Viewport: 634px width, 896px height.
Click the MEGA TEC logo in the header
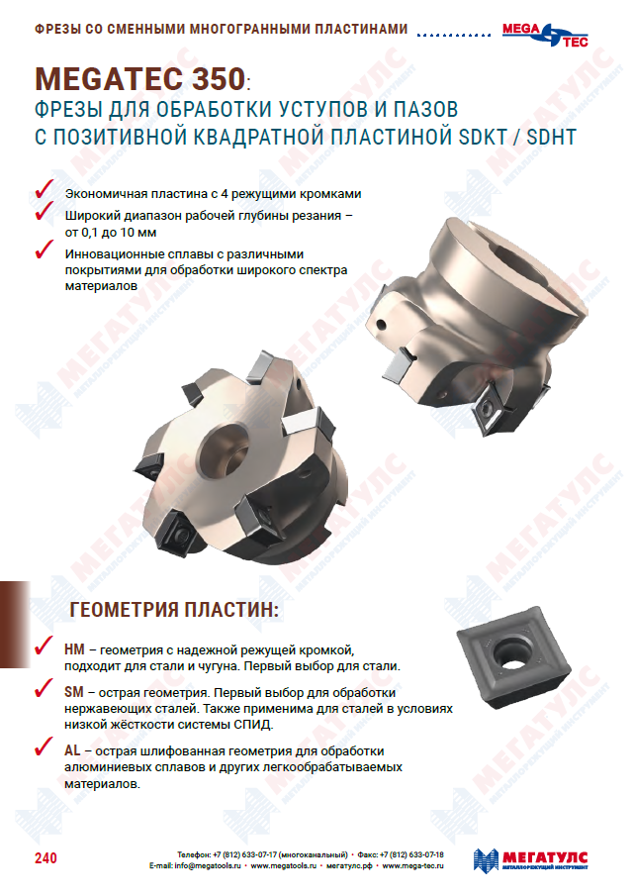pos(545,35)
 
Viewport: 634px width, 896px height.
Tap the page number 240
pos(45,857)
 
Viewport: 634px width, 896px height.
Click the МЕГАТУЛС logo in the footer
pos(530,860)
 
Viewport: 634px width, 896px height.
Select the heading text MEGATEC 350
pos(140,79)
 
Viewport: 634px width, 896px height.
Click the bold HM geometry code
pos(74,649)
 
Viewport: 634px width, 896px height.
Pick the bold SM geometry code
pos(73,692)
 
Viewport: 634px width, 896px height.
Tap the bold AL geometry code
pos(72,750)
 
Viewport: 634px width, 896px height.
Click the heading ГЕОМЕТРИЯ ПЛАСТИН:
pos(174,610)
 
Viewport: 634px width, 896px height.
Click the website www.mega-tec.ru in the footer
pos(412,865)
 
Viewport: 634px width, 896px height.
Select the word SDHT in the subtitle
pos(551,138)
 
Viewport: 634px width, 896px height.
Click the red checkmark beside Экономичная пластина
pos(44,189)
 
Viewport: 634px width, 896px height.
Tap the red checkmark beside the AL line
pos(44,747)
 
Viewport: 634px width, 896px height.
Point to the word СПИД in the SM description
pos(252,725)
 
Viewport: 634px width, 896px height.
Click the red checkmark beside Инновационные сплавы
pos(44,249)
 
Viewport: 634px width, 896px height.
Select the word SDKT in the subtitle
pos(483,138)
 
